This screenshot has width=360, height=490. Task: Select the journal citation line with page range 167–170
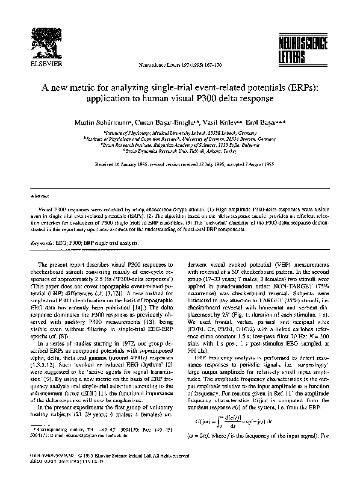178,61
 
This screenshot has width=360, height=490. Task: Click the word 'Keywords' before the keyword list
43,244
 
